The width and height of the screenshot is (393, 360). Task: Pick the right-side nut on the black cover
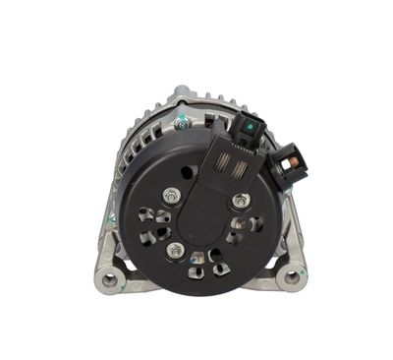(239, 202)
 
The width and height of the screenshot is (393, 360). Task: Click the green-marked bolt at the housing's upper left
(182, 125)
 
